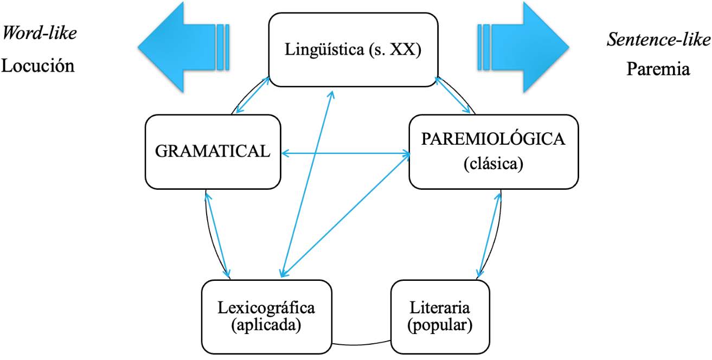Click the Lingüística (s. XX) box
coord(354,49)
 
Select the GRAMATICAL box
coord(213,151)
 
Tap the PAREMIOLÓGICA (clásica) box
coord(493,151)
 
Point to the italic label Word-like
coord(40,33)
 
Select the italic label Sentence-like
coord(658,40)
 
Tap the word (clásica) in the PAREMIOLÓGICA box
coord(493,164)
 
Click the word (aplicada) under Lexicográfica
coord(266,326)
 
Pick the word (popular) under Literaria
coord(440,326)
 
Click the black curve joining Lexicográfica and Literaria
coord(361,344)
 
